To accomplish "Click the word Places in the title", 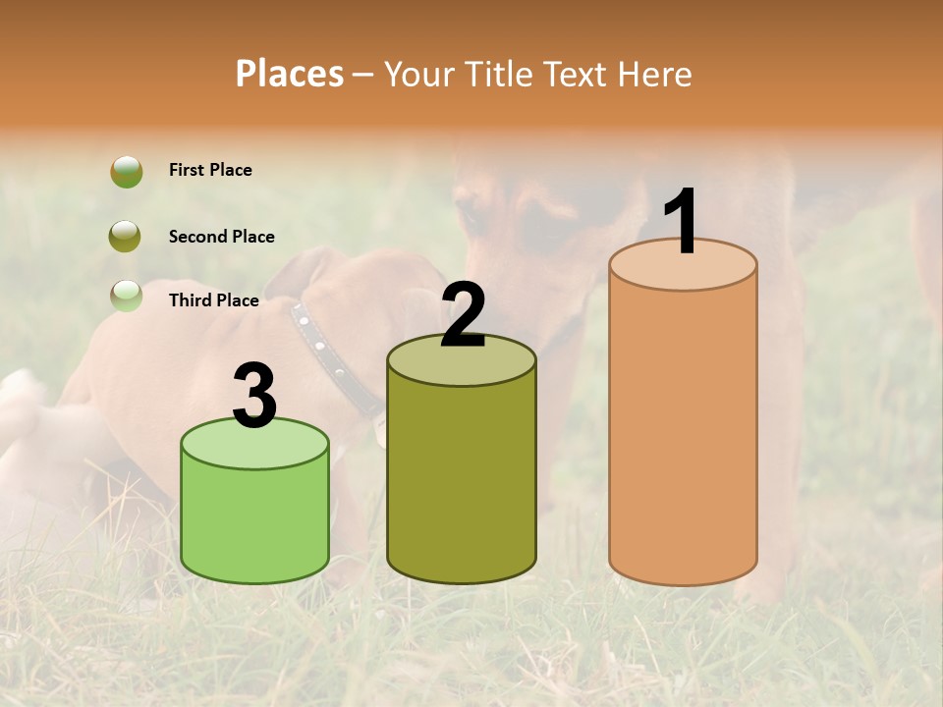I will click(290, 74).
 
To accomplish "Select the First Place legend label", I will click(210, 170).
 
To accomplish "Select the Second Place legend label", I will click(221, 237).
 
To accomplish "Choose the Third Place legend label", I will click(213, 300).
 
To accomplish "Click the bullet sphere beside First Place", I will click(126, 172).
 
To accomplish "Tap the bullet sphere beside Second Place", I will click(125, 236).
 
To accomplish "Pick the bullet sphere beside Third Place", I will click(126, 296).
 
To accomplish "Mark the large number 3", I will click(254, 396).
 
